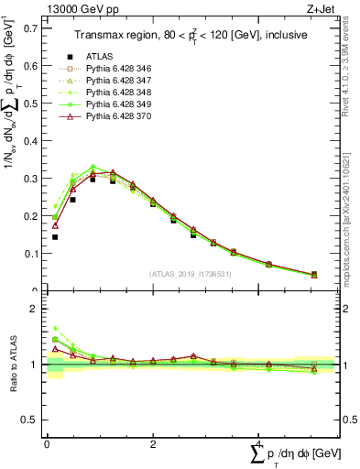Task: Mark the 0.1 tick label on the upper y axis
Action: (x=30, y=253)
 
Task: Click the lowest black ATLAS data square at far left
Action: (x=54, y=237)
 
